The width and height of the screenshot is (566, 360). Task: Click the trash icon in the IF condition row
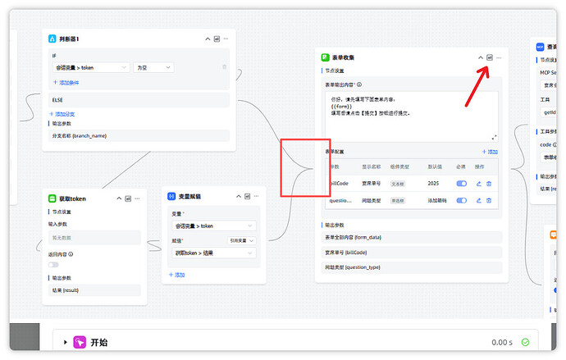[x=225, y=67]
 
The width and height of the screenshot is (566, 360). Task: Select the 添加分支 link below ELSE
[x=64, y=113]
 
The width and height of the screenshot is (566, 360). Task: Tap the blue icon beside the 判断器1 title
[x=52, y=39]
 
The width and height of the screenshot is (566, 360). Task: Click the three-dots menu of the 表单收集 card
[x=499, y=57]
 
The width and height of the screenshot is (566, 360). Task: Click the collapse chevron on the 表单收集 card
[x=481, y=57]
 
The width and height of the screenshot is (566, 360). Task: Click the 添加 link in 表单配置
[x=491, y=152]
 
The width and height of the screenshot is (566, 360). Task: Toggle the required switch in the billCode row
[x=461, y=183]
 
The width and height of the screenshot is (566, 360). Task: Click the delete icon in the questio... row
[x=489, y=200]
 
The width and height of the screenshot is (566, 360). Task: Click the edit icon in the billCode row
[x=479, y=183]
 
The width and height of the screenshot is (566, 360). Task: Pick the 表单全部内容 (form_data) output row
[x=410, y=237]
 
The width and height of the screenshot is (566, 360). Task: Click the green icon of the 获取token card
[x=52, y=198]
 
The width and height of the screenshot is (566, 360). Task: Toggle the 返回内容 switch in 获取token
[x=53, y=265]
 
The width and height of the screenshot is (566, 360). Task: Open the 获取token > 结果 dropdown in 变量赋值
[x=215, y=253]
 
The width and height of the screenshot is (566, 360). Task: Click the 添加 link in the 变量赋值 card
[x=177, y=275]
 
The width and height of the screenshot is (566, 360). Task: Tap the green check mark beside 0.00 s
[x=525, y=342]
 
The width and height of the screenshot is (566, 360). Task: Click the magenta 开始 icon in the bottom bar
[x=80, y=342]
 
